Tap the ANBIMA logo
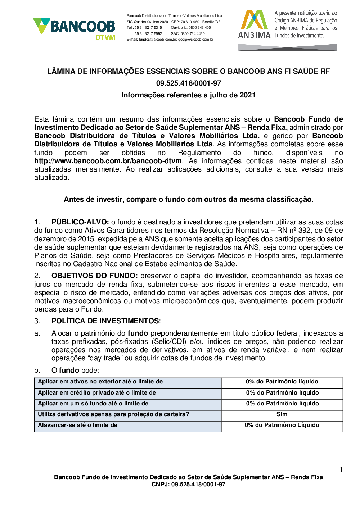point(254,24)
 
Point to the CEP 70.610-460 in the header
point(190,22)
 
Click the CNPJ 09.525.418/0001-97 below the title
point(188,83)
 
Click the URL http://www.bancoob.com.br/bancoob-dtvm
point(108,161)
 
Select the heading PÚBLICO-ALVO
point(80,222)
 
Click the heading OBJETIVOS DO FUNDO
point(94,276)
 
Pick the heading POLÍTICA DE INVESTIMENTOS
point(105,321)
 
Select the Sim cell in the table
point(282,414)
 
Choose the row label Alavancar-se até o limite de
point(78,425)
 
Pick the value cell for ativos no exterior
point(282,382)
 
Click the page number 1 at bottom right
point(341,470)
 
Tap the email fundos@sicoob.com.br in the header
point(158,40)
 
